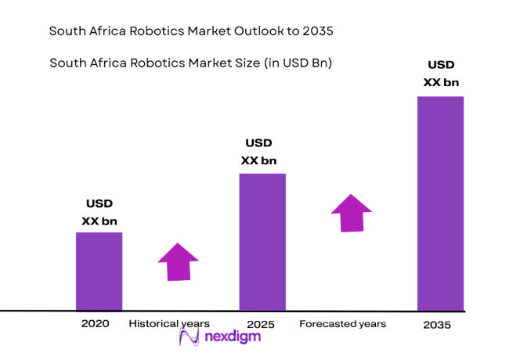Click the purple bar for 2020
click(x=99, y=271)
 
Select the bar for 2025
click(x=262, y=241)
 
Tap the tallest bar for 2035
click(x=440, y=203)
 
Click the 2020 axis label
click(x=94, y=323)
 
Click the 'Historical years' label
click(x=169, y=323)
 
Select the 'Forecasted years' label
click(x=342, y=323)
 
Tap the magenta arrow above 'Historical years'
click(x=179, y=261)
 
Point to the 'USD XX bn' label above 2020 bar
click(x=99, y=213)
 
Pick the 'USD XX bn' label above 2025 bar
click(x=258, y=152)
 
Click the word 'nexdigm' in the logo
click(x=233, y=337)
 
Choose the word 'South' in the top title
click(x=67, y=32)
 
